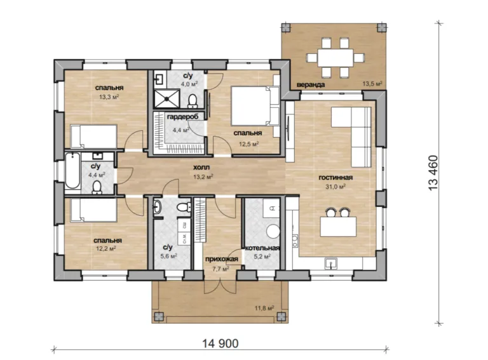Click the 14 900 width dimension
[220, 343]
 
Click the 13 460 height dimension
[433, 173]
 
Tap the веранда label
[311, 84]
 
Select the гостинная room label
[335, 178]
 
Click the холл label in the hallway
[201, 167]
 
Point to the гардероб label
[182, 117]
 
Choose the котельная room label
[262, 248]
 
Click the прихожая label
[221, 259]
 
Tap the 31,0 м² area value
[335, 187]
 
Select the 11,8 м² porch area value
[264, 308]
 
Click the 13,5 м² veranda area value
[372, 83]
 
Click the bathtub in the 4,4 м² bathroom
[72, 171]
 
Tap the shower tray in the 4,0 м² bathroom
[167, 99]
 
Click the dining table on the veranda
[335, 58]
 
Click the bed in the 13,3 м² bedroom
[93, 136]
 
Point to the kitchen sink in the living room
[330, 263]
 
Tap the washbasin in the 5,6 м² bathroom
[158, 207]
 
